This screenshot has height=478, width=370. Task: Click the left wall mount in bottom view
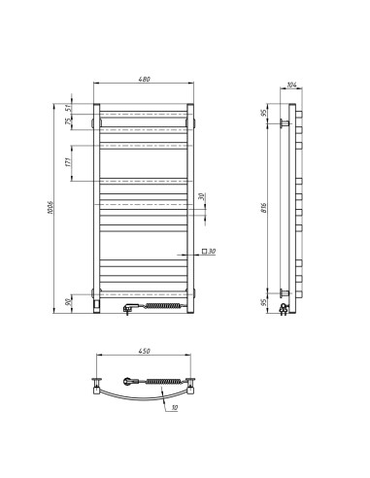[98, 383]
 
